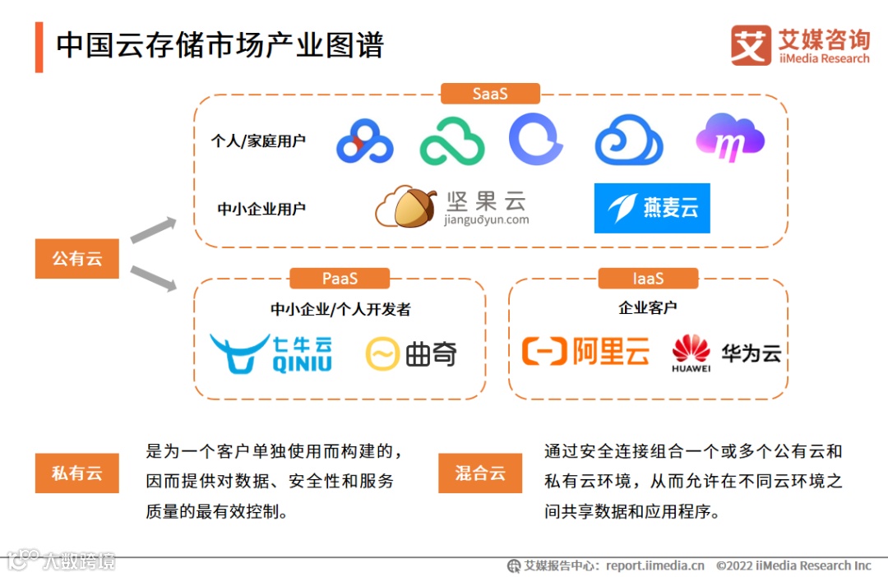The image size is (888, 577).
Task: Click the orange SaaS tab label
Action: tap(490, 94)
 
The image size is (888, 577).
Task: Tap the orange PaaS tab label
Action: tap(340, 279)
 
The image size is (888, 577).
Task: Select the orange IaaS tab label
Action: tap(648, 279)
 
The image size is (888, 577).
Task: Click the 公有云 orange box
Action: tap(77, 259)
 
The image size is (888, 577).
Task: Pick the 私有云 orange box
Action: tap(77, 473)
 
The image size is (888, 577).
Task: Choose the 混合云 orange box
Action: tap(480, 473)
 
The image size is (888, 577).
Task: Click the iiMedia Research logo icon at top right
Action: tap(750, 45)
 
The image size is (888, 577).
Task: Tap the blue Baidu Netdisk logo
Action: tap(364, 141)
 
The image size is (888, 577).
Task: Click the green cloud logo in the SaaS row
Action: tap(452, 141)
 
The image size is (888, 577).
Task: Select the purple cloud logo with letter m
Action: tap(730, 137)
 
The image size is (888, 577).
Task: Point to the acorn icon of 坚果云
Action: tap(408, 205)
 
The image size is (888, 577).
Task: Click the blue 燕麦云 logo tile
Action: tap(652, 208)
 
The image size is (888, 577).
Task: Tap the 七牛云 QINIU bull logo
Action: tap(238, 353)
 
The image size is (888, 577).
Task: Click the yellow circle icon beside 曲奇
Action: tap(382, 354)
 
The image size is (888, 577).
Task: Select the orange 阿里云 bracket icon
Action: tap(544, 352)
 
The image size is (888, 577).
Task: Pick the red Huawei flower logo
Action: tap(691, 349)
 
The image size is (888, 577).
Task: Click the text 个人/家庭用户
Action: tap(258, 141)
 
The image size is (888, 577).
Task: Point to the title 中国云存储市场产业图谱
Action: tap(220, 45)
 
